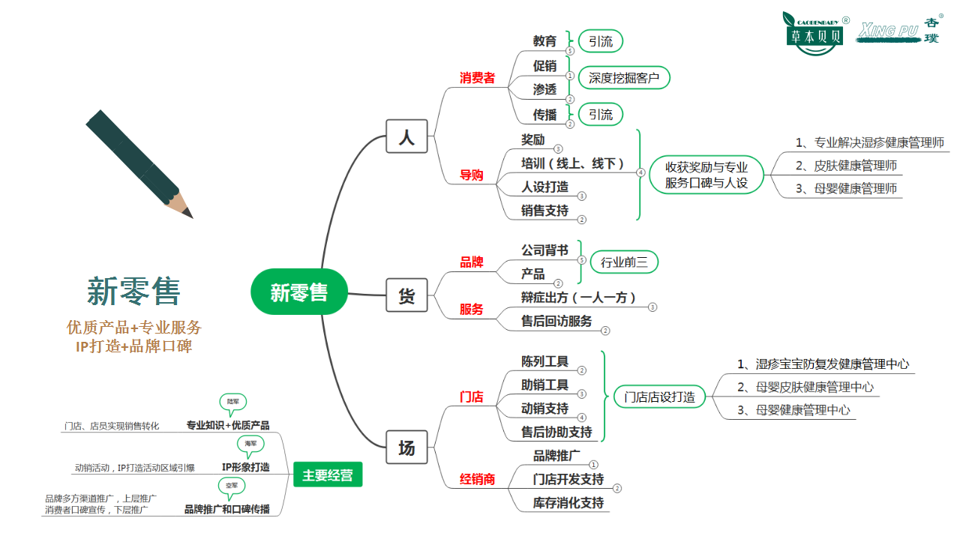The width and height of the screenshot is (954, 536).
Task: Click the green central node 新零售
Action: pos(299,292)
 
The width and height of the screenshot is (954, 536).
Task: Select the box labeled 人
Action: pos(406,137)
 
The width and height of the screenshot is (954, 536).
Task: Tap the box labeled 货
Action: pos(406,295)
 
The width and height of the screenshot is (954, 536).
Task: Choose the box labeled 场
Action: pos(406,448)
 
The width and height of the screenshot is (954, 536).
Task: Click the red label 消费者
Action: pos(477,78)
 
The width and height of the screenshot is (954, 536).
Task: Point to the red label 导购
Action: pos(472,175)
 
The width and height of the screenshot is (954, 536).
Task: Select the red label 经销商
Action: pos(477,479)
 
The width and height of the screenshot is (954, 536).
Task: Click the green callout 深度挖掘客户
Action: pos(623,77)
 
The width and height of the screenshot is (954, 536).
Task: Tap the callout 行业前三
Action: pos(624,262)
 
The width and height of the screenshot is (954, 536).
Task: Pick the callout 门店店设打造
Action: pos(659,397)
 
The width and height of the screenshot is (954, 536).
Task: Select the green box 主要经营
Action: pos(328,475)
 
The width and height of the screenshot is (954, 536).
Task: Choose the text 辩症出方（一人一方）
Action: pos(578,298)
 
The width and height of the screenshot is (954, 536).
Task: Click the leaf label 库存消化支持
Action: pos(568,502)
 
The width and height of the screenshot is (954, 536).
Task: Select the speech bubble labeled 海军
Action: pos(250,444)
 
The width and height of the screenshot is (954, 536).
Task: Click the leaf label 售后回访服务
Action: pos(556,321)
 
